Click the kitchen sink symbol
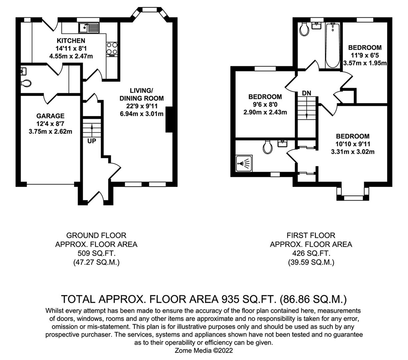pyautogui.click(x=89, y=28)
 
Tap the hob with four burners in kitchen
pyautogui.click(x=112, y=48)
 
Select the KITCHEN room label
pyautogui.click(x=71, y=41)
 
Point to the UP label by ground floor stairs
pyautogui.click(x=92, y=141)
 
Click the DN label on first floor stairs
pyautogui.click(x=307, y=93)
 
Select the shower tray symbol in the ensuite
pyautogui.click(x=244, y=163)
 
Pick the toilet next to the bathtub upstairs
pyautogui.click(x=304, y=30)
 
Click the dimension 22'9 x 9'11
pyautogui.click(x=142, y=106)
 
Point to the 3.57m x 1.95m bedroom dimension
pyautogui.click(x=365, y=63)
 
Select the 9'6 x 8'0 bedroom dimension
pyautogui.click(x=265, y=104)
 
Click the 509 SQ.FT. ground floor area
pyautogui.click(x=96, y=253)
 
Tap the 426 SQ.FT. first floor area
pyautogui.click(x=311, y=253)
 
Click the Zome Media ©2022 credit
pyautogui.click(x=204, y=350)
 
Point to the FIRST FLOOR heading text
pyautogui.click(x=311, y=235)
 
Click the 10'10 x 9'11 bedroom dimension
pyautogui.click(x=353, y=144)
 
